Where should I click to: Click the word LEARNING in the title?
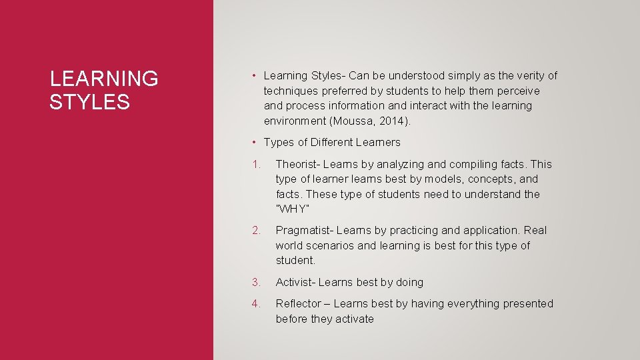(x=104, y=79)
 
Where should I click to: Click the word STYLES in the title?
(x=89, y=102)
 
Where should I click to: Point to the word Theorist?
(x=297, y=164)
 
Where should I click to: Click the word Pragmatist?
(x=304, y=230)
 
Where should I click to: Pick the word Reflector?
(x=298, y=303)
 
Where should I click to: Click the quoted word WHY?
(x=292, y=209)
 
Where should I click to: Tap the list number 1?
(x=256, y=164)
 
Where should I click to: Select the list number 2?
(x=256, y=230)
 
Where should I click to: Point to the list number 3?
(x=256, y=282)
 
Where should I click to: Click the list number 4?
(x=256, y=303)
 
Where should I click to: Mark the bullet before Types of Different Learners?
(x=255, y=142)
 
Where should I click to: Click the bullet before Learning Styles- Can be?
(x=255, y=76)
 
